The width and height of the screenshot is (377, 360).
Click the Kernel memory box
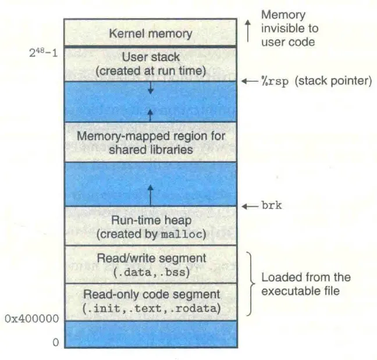150,33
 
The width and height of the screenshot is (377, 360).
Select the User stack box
150,63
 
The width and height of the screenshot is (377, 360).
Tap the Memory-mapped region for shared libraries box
150,142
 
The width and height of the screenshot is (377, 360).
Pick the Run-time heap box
150,226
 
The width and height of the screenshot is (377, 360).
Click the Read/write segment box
150,264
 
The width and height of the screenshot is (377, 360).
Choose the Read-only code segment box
150,301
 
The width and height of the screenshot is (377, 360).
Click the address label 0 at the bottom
56,343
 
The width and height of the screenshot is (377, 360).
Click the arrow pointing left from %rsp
250,81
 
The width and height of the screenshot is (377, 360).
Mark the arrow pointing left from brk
250,206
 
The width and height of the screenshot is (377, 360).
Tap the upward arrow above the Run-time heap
150,194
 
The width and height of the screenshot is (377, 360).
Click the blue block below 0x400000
150,334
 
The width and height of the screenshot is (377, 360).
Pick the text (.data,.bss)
150,271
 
